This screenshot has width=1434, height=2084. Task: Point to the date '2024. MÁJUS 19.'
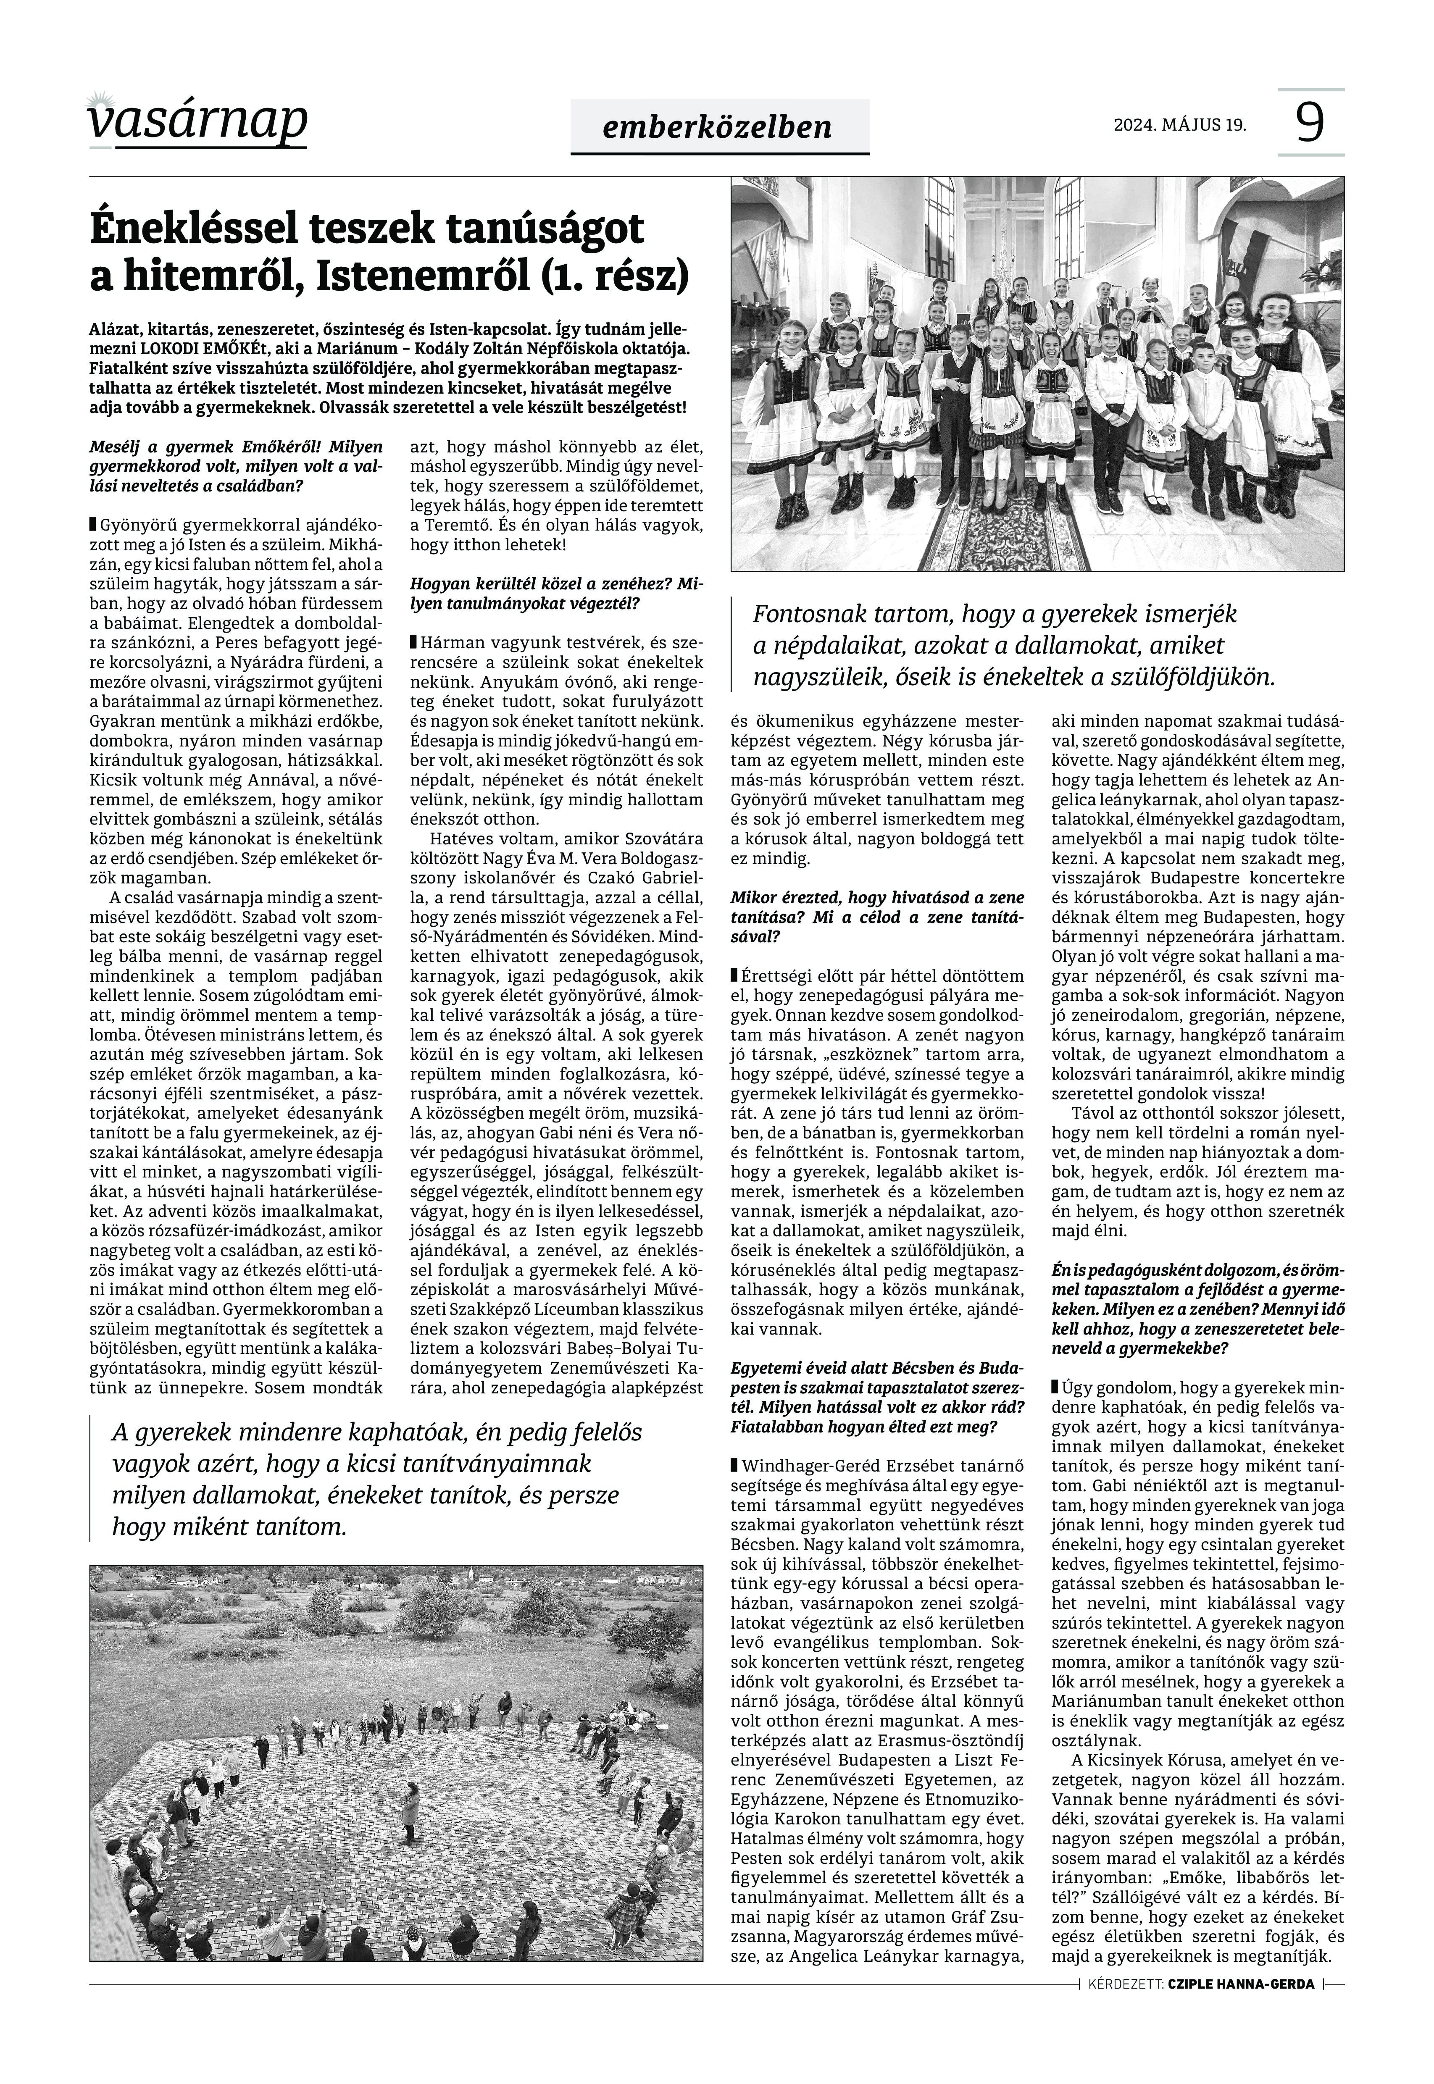click(x=1180, y=125)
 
